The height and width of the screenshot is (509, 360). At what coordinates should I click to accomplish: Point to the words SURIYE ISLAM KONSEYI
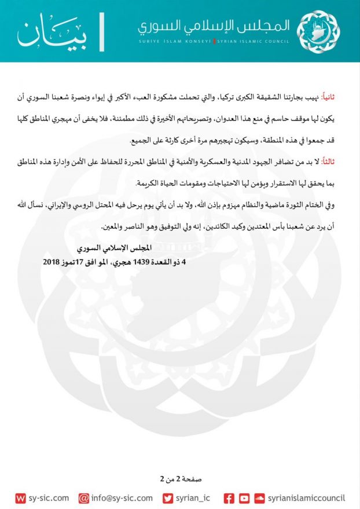tap(175, 42)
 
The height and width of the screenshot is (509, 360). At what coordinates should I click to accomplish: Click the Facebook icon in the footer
tap(229, 498)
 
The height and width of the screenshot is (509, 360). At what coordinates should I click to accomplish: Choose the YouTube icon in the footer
tap(244, 498)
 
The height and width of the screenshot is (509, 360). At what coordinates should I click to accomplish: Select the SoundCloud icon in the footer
tap(259, 498)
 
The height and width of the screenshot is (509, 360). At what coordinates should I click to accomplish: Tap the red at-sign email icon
tap(84, 498)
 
